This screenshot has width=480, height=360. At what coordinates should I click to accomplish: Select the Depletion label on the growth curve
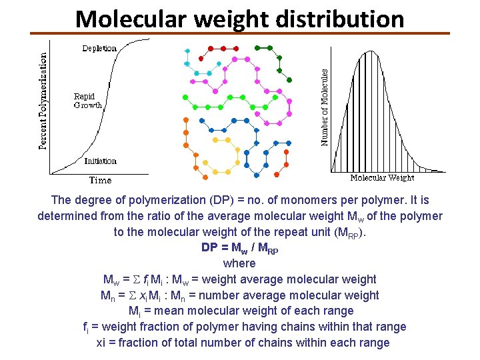[x=99, y=48]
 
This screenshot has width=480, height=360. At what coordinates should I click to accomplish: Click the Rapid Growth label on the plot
[x=88, y=101]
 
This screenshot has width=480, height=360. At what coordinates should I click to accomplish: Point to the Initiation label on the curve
[x=100, y=161]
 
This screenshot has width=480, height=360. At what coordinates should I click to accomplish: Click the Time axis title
[x=100, y=180]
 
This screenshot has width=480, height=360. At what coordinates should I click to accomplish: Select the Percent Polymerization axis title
[x=44, y=101]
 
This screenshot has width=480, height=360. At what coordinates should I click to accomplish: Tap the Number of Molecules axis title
[x=325, y=107]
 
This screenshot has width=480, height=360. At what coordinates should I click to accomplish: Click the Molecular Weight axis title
[x=382, y=178]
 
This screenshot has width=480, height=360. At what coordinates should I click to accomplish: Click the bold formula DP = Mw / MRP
[x=239, y=248]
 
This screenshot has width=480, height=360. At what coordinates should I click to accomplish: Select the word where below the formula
[x=239, y=263]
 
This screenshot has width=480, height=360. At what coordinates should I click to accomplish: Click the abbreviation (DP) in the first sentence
[x=223, y=200]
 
